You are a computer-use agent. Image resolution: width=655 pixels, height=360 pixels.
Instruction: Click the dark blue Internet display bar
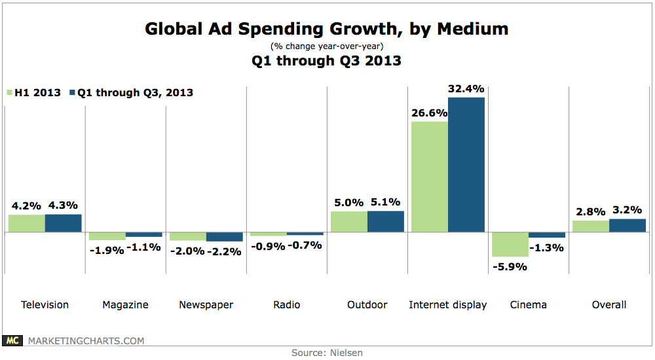[466, 165]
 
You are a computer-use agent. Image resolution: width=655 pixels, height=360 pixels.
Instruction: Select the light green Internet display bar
[429, 177]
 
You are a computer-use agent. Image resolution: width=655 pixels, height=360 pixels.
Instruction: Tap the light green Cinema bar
[510, 244]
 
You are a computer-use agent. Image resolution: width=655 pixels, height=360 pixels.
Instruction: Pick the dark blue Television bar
[63, 223]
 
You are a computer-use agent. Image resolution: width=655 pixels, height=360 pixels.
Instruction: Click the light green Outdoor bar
[348, 222]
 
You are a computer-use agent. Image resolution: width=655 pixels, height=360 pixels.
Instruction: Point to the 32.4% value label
[466, 88]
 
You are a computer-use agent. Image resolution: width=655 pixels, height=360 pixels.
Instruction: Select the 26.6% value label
[429, 112]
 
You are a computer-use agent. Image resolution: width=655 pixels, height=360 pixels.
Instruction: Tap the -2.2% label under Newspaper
[224, 251]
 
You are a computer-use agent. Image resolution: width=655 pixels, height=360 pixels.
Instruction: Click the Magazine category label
[125, 304]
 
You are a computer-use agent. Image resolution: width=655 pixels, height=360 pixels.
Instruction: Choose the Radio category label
[286, 304]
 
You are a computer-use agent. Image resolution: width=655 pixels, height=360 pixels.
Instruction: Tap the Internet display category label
[447, 304]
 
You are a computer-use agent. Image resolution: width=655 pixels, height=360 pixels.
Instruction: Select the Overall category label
[608, 304]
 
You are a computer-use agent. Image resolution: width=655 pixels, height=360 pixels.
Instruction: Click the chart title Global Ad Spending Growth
[326, 29]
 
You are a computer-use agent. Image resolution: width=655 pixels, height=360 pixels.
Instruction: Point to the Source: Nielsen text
[327, 353]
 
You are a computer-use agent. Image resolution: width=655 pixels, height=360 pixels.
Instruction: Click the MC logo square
[12, 340]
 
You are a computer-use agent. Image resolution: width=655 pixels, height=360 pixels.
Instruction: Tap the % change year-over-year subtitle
[326, 46]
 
